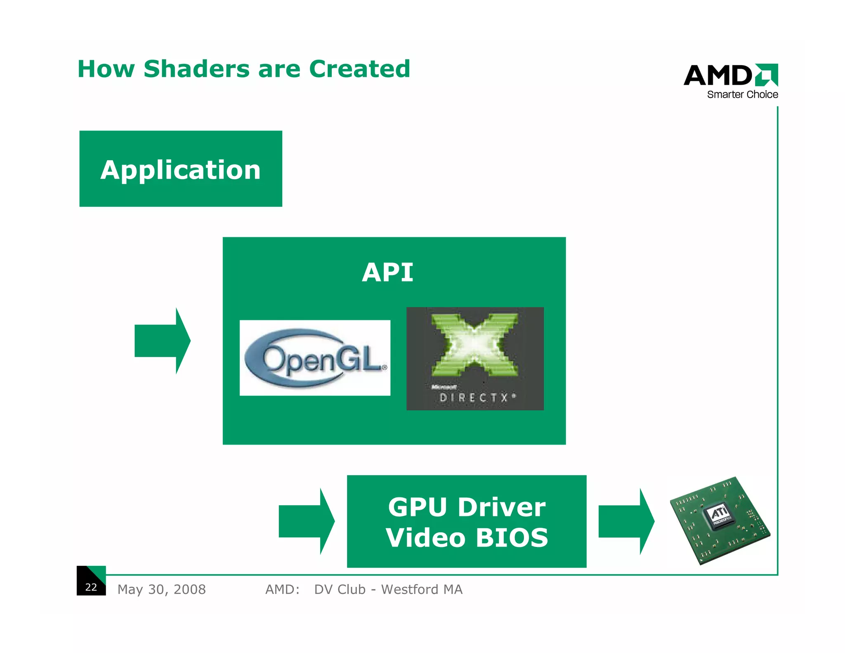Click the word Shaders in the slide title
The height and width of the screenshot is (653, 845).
[196, 69]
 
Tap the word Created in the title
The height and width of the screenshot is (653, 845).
[359, 69]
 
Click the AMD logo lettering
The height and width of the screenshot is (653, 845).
[718, 76]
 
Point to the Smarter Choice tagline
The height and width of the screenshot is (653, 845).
[742, 95]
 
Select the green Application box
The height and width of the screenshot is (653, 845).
[181, 169]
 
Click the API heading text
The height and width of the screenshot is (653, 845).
[387, 272]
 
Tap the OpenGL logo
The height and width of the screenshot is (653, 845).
[315, 358]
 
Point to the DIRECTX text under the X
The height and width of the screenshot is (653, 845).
[474, 397]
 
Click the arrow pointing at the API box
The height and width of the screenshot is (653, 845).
[163, 341]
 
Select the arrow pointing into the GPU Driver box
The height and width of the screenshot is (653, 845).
[307, 521]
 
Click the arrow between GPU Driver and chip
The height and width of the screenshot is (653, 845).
[626, 521]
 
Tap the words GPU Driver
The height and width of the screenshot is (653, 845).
[467, 507]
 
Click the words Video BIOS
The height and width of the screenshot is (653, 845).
[467, 537]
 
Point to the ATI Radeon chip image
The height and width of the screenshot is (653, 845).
[720, 521]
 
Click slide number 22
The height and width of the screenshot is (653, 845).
[91, 587]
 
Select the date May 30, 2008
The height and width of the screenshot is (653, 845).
[161, 589]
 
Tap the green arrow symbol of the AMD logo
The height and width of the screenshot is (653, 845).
[767, 75]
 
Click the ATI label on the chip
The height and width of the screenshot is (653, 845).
[719, 514]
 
